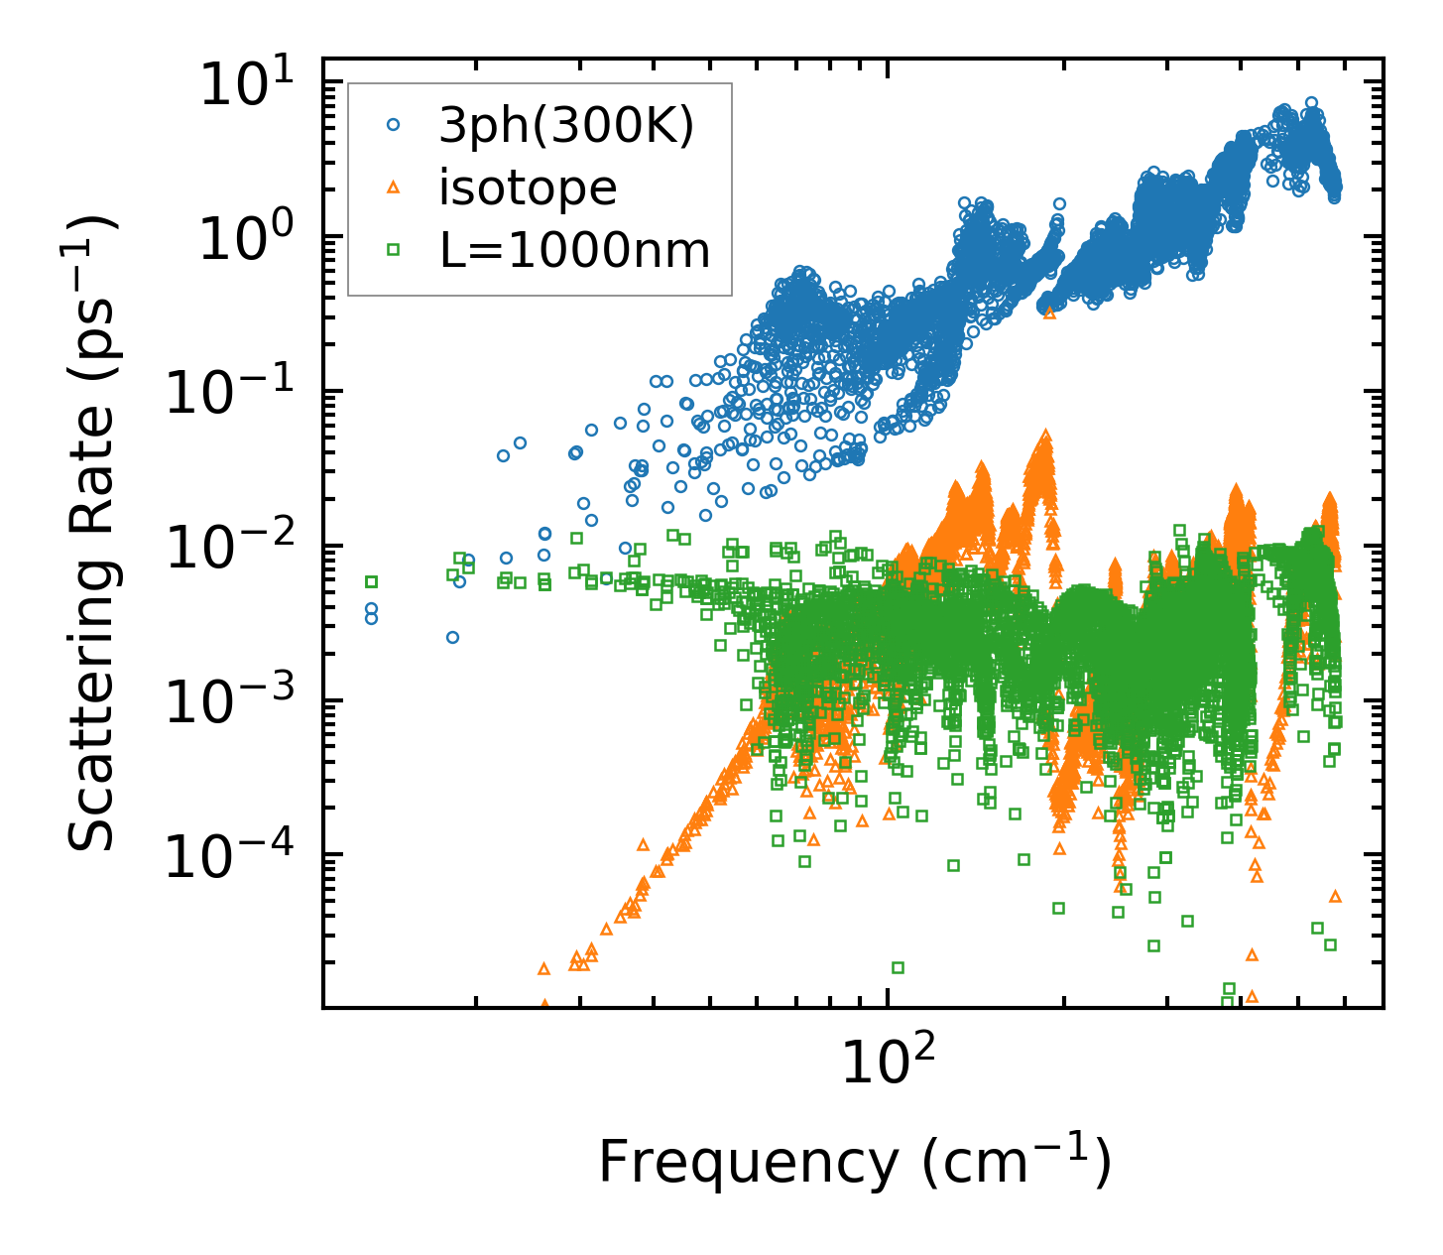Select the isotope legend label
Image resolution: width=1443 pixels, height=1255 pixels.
pyautogui.click(x=528, y=188)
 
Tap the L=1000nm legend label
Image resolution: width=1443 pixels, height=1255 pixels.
pyautogui.click(x=575, y=250)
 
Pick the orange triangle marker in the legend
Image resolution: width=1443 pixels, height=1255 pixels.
pyautogui.click(x=394, y=188)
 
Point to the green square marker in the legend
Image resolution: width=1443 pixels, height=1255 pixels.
pyautogui.click(x=394, y=250)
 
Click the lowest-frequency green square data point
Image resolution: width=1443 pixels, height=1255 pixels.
pyautogui.click(x=372, y=581)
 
